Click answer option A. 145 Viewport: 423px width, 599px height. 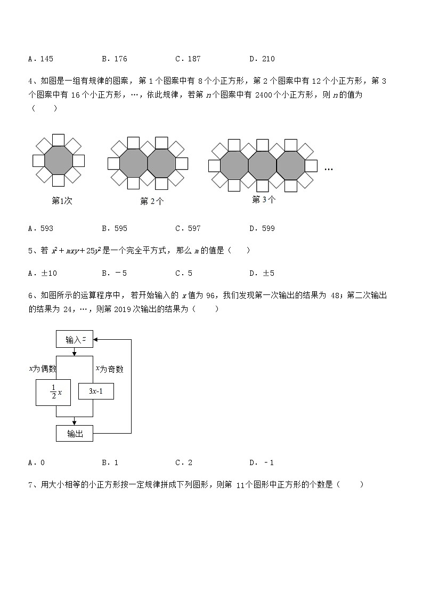pyautogui.click(x=40, y=59)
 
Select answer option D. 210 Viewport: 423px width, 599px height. pyautogui.click(x=262, y=59)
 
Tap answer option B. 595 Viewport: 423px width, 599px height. pyautogui.click(x=114, y=228)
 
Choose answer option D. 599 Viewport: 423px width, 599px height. pyautogui.click(x=262, y=228)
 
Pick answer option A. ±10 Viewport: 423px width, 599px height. pyautogui.click(x=42, y=274)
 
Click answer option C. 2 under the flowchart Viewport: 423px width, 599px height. pyautogui.click(x=184, y=462)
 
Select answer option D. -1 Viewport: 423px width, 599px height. pyautogui.click(x=261, y=462)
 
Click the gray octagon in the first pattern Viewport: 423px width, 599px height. pyautogui.click(x=59, y=159)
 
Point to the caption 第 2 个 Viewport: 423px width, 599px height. pyautogui.click(x=152, y=201)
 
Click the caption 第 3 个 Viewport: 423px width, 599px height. pyautogui.click(x=264, y=199)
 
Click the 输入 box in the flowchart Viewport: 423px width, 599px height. pyautogui.click(x=75, y=339)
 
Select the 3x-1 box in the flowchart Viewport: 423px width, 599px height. pyautogui.click(x=96, y=392)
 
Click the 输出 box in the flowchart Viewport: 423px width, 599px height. pyautogui.click(x=75, y=434)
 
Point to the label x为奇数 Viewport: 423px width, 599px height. pyautogui.click(x=109, y=369)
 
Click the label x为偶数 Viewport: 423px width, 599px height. pyautogui.click(x=43, y=369)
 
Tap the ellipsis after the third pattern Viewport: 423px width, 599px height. pyautogui.click(x=328, y=169)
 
